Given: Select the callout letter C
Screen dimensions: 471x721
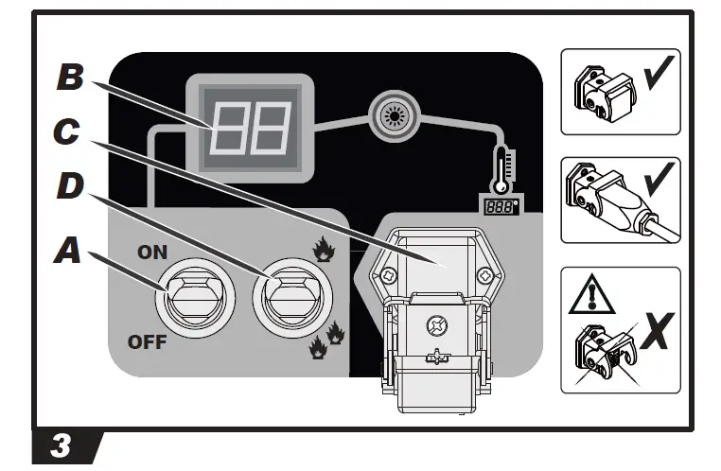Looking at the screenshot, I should point(66,131).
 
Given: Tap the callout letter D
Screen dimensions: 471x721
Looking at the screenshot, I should point(68,185).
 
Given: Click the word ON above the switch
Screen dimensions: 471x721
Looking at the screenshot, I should point(151,253).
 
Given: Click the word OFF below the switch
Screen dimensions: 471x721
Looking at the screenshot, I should point(147,341).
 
